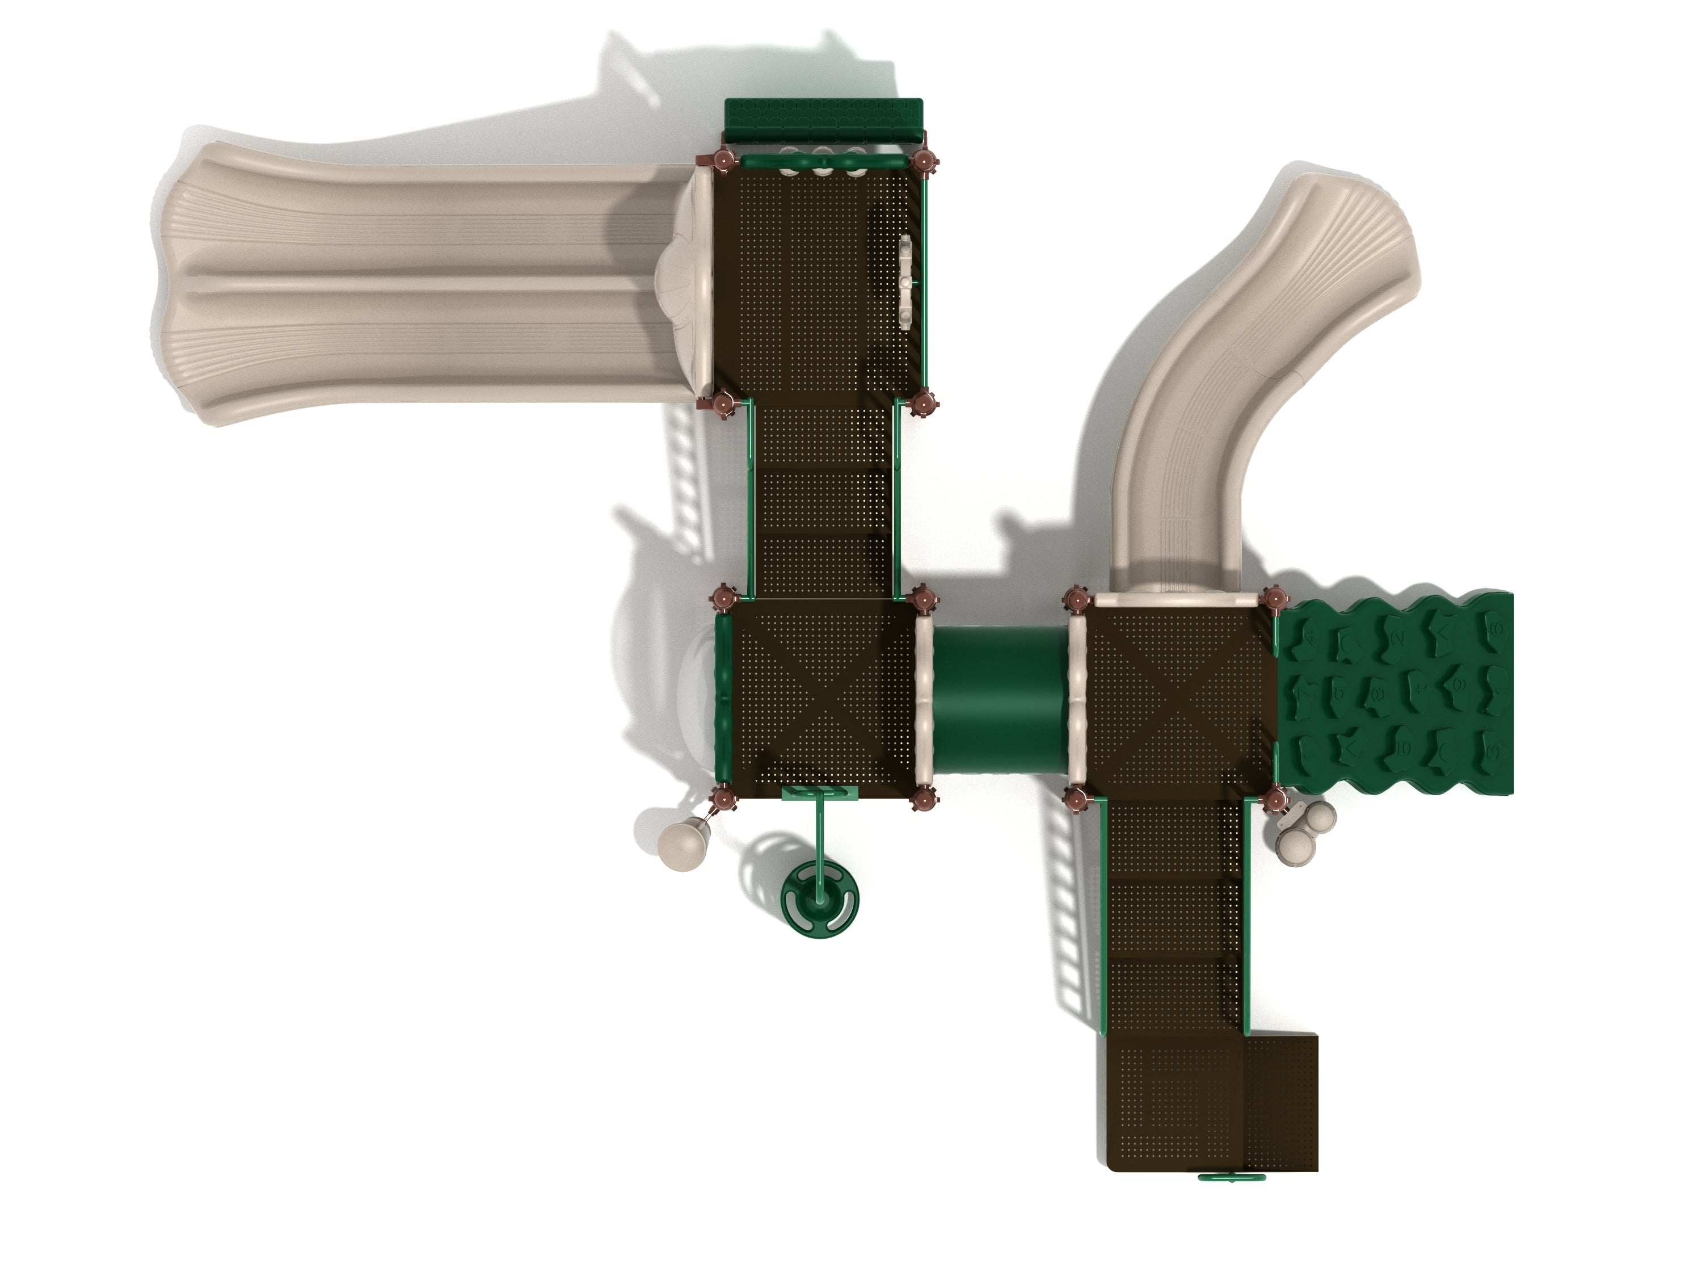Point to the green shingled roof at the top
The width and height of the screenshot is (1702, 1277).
tap(823, 119)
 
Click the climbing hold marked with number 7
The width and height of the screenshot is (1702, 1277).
tap(1305, 693)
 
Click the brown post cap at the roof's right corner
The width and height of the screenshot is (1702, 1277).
tap(923, 162)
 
